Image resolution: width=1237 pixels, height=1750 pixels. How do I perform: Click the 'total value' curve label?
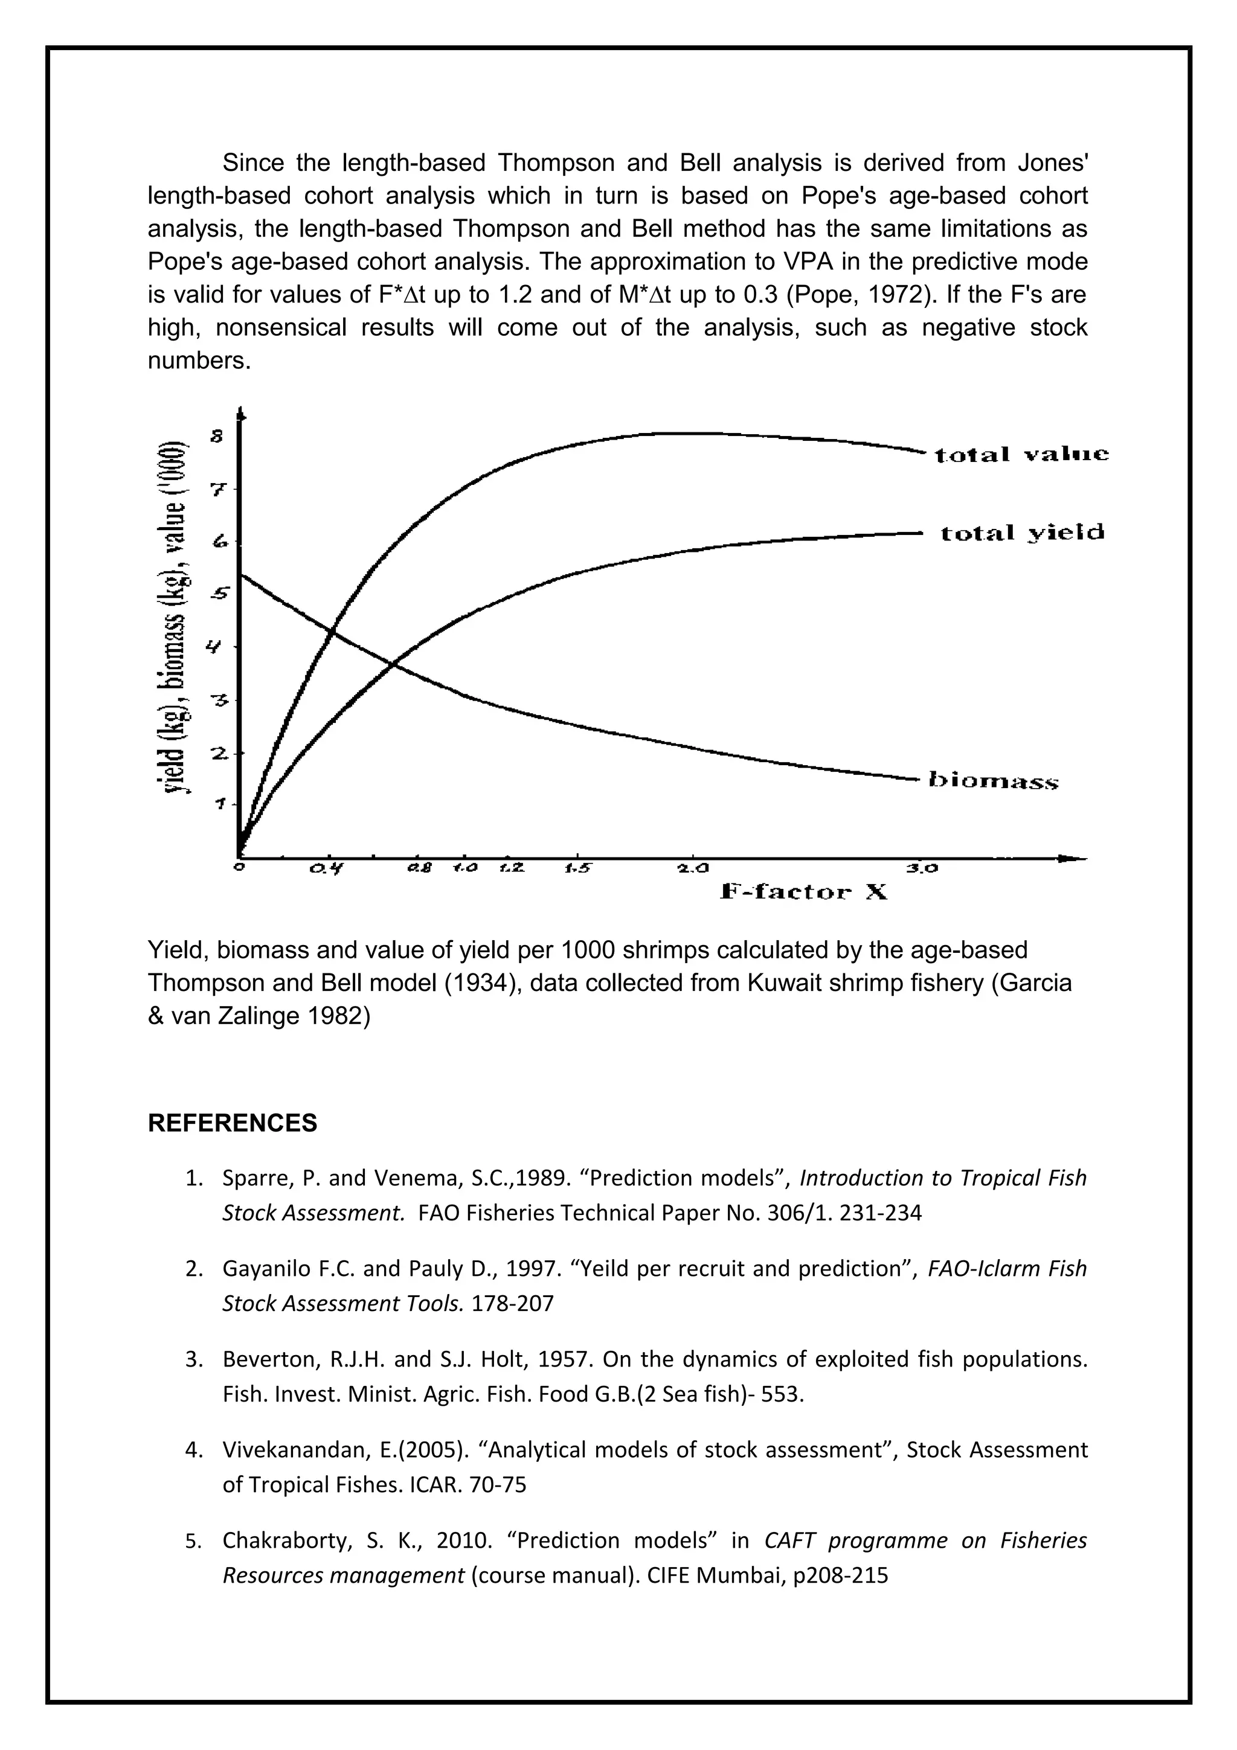pyautogui.click(x=1021, y=455)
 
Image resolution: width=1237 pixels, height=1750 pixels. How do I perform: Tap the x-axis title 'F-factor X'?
pyautogui.click(x=803, y=892)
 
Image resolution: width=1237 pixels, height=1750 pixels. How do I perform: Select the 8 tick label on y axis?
pyautogui.click(x=217, y=437)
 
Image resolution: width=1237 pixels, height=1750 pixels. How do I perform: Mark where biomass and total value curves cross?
pyautogui.click(x=331, y=630)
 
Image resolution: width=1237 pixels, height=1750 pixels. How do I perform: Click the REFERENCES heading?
pyautogui.click(x=233, y=1123)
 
